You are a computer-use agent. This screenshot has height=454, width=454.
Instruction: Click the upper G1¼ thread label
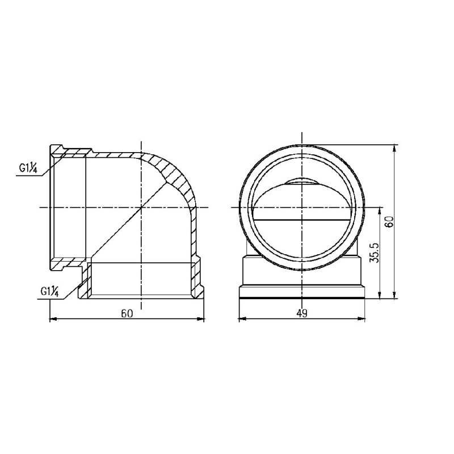(x=27, y=168)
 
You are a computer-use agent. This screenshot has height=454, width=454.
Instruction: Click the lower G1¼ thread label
(x=50, y=291)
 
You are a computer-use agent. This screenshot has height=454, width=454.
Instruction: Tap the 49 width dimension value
(x=301, y=313)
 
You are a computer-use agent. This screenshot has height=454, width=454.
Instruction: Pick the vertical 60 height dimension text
(x=389, y=221)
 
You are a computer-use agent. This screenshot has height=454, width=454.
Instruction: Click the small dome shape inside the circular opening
(x=301, y=182)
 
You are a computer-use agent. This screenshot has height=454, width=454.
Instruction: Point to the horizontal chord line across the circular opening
(x=301, y=219)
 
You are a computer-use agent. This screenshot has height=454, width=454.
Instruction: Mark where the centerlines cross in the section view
(x=140, y=208)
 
